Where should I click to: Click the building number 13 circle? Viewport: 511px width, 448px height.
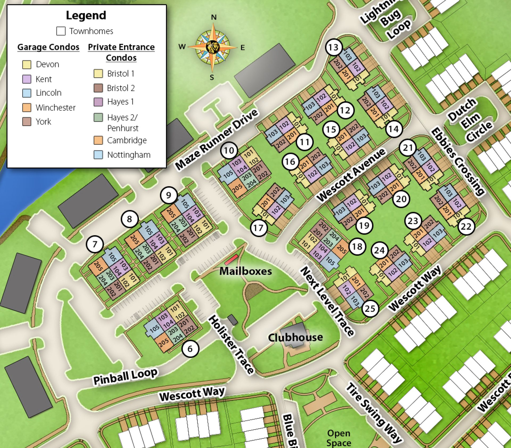(333, 47)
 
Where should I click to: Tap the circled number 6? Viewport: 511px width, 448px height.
(190, 349)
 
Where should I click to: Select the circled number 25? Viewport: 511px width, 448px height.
(370, 308)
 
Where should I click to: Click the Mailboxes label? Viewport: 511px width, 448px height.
(245, 271)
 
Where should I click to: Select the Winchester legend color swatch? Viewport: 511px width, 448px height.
(27, 107)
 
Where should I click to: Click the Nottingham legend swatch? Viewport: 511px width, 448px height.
(98, 155)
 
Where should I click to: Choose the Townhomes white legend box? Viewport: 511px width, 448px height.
(61, 31)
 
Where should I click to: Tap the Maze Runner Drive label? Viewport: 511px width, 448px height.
(216, 140)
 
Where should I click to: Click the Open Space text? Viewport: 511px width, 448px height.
(339, 438)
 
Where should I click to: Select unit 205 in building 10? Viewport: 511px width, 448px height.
(237, 188)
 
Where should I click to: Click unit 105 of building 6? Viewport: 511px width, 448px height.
(154, 329)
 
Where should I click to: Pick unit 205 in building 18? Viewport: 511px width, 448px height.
(341, 249)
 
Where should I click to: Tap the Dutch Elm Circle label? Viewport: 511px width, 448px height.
(470, 120)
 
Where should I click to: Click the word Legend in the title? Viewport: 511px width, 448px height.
(86, 15)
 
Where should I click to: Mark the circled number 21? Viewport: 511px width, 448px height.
(408, 148)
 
